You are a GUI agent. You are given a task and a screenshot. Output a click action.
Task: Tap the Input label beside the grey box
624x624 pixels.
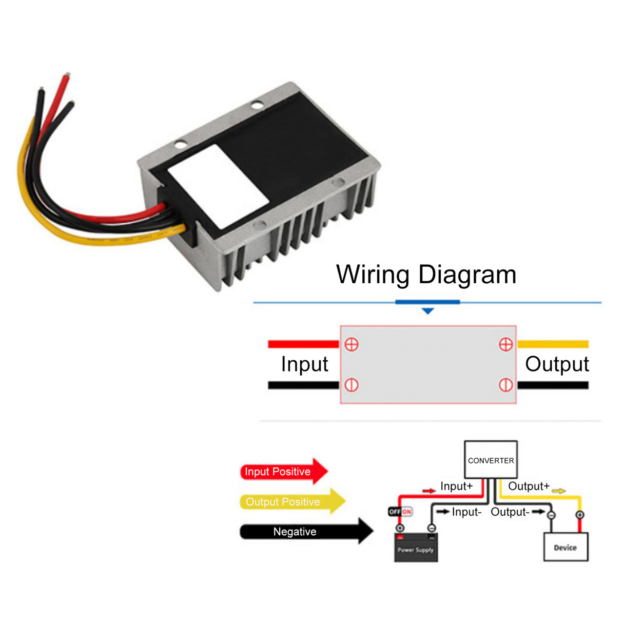tap(304, 364)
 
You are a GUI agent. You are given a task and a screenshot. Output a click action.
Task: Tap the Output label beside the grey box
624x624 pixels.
tap(557, 364)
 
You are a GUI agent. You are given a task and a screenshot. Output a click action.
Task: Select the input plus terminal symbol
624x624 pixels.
tap(351, 344)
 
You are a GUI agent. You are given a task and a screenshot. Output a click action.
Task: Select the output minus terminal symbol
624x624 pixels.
tap(506, 385)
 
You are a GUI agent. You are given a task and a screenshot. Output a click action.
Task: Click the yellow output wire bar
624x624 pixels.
tap(553, 344)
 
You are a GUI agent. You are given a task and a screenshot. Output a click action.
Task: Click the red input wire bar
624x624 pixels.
tap(303, 344)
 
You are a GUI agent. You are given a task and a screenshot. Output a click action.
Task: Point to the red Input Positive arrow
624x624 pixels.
tap(283, 471)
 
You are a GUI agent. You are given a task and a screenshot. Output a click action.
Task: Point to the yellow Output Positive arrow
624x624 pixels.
tap(292, 501)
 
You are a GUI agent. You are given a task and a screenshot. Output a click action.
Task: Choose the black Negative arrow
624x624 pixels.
tap(305, 531)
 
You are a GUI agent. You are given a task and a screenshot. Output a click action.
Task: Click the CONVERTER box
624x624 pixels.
tap(490, 460)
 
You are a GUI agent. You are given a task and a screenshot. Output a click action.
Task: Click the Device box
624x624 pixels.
tap(565, 547)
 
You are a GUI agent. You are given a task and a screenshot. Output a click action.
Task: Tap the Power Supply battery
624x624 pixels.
tap(415, 547)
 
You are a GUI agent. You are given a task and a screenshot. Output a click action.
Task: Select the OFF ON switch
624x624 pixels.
tap(400, 511)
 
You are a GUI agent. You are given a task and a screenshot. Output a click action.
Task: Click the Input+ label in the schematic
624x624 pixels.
tap(456, 486)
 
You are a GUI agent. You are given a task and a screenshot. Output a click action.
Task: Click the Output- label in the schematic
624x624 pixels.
tap(510, 512)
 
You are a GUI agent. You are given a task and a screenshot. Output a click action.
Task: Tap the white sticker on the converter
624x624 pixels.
tap(217, 186)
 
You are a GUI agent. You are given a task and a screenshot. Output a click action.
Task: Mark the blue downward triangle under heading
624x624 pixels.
tap(428, 311)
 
